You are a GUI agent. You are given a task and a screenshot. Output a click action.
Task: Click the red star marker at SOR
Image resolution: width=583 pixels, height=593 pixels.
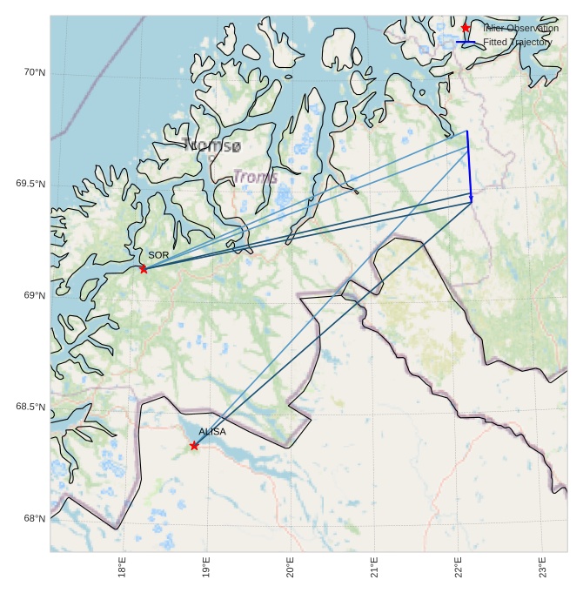pyautogui.click(x=144, y=268)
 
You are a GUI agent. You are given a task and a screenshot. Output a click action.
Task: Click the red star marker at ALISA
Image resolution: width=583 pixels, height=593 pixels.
pyautogui.click(x=194, y=446)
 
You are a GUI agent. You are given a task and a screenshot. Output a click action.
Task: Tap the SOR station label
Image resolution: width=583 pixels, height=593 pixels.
pyautogui.click(x=158, y=255)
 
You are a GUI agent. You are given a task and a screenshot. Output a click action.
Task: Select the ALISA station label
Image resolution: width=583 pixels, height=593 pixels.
pyautogui.click(x=212, y=432)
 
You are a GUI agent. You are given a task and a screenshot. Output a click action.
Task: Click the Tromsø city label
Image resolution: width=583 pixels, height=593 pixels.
pyautogui.click(x=211, y=145)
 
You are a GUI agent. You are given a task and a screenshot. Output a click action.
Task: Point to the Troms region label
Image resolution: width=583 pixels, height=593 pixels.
pyautogui.click(x=255, y=177)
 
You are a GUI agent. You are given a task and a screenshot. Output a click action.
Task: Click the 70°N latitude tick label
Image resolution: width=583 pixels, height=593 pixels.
pyautogui.click(x=34, y=72)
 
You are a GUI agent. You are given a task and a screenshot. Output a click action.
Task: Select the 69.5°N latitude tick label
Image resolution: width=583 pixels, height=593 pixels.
pyautogui.click(x=30, y=184)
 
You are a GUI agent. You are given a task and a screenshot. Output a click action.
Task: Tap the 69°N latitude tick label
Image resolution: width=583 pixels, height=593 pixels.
pyautogui.click(x=34, y=295)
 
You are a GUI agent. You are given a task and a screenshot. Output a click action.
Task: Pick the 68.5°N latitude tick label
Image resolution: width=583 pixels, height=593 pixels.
pyautogui.click(x=30, y=407)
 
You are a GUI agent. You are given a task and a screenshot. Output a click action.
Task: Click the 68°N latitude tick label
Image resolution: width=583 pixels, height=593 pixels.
pyautogui.click(x=34, y=518)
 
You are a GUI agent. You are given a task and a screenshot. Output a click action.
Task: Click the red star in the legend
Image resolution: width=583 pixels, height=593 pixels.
pyautogui.click(x=466, y=28)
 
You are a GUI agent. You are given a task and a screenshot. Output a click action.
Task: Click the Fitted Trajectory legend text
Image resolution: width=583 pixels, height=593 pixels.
pyautogui.click(x=518, y=42)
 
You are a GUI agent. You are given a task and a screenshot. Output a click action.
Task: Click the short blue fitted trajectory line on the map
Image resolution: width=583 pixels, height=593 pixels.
pyautogui.click(x=470, y=165)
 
